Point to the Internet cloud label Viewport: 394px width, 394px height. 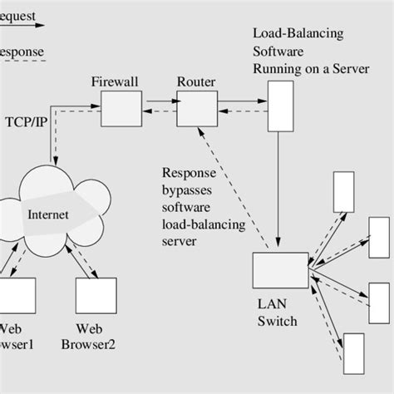(x=49, y=214)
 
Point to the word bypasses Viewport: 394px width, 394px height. (x=188, y=190)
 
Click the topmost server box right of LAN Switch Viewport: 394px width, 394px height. (x=342, y=192)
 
